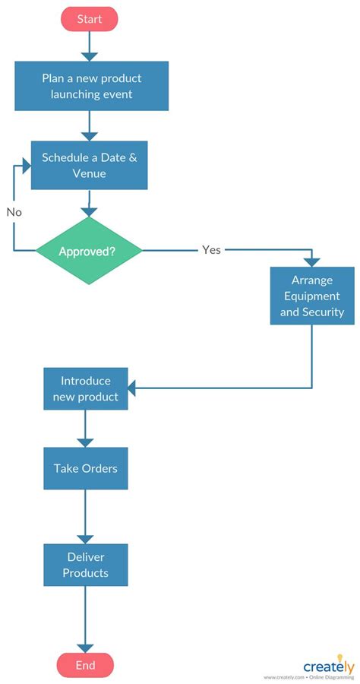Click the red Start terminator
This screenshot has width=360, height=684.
[x=90, y=19]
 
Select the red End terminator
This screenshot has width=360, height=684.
[x=85, y=665]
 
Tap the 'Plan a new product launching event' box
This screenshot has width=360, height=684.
[x=91, y=86]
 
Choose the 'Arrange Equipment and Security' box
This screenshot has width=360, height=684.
[x=312, y=296]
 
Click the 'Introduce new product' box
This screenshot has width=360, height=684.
[x=85, y=389]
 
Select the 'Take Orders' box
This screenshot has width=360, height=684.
[x=85, y=468]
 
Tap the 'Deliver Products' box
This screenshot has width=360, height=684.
[x=85, y=564]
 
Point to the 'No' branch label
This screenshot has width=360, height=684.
[x=14, y=212]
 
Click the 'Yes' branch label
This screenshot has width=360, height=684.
[x=211, y=249]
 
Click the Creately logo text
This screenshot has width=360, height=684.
[x=328, y=667]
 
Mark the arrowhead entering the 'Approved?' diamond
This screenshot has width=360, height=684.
[x=90, y=212]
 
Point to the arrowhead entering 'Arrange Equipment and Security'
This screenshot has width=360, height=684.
[x=312, y=261]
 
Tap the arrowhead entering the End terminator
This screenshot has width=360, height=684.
[x=85, y=648]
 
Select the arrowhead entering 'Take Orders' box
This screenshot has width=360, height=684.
[x=85, y=442]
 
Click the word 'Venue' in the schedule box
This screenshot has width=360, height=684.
[x=88, y=173]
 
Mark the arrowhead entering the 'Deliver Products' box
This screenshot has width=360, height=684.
[x=85, y=538]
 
